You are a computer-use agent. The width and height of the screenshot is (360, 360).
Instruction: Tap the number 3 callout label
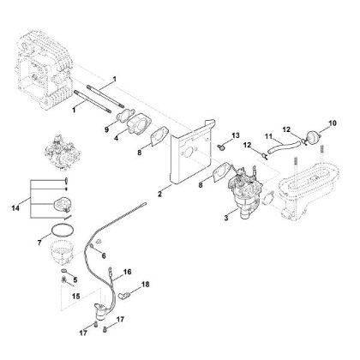pos(201,221)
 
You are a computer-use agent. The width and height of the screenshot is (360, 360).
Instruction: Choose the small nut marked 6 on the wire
pos(96,244)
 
